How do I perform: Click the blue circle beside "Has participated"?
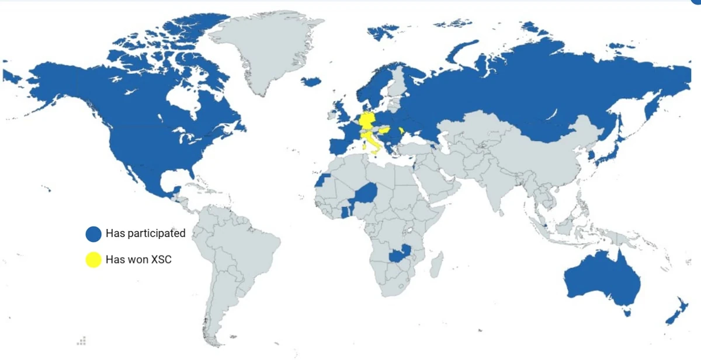[x=93, y=234]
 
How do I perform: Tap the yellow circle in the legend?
[x=93, y=259]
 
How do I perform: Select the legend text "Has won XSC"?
[x=138, y=259]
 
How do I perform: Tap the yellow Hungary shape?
[x=386, y=132]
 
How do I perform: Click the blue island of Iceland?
[x=312, y=81]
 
